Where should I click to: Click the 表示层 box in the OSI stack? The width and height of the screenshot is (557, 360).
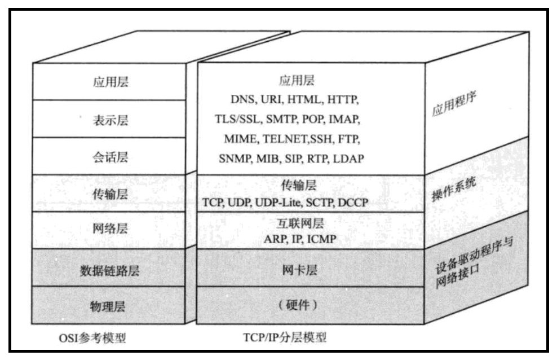[x=110, y=119]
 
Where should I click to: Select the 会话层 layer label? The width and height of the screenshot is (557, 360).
[x=110, y=156]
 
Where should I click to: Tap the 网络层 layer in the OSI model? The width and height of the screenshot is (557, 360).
[x=110, y=229]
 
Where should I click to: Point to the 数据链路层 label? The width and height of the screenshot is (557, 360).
[x=110, y=270]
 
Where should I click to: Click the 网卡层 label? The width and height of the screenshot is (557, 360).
[x=299, y=270]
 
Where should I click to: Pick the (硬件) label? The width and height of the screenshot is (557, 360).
[x=299, y=305]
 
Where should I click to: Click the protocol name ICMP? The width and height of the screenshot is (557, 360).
[x=322, y=240]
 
